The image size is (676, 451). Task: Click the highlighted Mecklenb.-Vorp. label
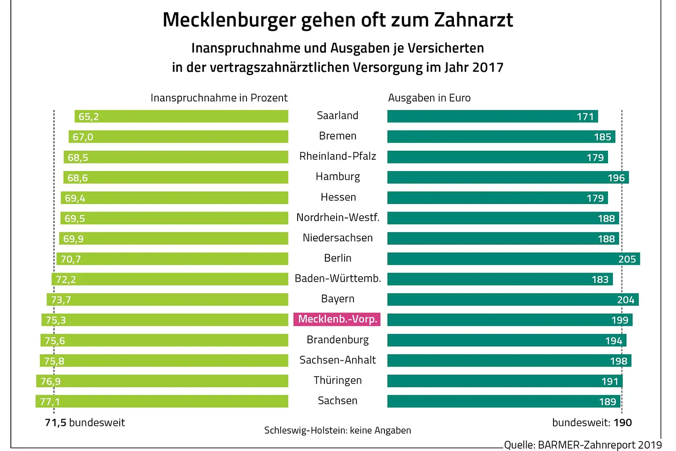[x=337, y=319]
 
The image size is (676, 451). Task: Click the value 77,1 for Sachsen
[x=50, y=402]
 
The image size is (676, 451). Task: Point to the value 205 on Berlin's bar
[x=627, y=259]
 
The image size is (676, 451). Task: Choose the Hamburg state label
[x=338, y=177]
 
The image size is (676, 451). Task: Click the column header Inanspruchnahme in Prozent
[x=219, y=98]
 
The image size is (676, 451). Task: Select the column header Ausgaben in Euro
[x=429, y=98]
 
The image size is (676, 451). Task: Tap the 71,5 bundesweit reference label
[x=85, y=423]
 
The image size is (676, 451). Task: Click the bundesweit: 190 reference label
[x=592, y=423]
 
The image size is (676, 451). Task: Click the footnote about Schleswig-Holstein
[x=338, y=430]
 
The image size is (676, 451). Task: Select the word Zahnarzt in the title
[x=473, y=20]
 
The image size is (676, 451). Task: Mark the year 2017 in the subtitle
[x=488, y=68]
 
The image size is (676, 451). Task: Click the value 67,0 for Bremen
[x=83, y=137]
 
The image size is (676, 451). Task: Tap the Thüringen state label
[x=338, y=381]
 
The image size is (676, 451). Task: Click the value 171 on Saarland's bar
[x=585, y=117]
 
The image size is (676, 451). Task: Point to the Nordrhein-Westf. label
[x=338, y=218]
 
